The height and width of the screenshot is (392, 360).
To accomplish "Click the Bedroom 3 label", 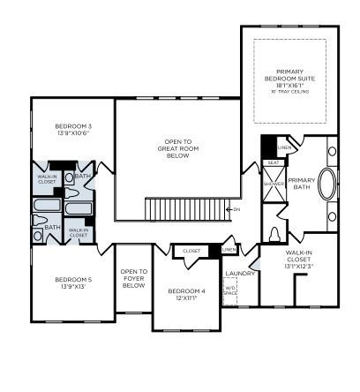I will tap(73, 126).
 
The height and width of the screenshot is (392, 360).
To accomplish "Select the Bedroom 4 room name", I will tap(186, 291).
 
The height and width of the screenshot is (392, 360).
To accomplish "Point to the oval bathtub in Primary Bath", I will tap(326, 187).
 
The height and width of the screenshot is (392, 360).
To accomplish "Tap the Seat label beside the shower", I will tap(274, 162).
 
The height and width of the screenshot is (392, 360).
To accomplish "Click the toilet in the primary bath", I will tap(275, 234).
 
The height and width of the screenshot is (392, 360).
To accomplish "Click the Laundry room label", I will tap(240, 274).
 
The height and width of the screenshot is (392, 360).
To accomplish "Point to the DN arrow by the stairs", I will tap(235, 209).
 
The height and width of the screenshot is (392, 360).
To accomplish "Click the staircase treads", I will tap(184, 210).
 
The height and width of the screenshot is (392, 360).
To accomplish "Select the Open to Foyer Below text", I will tap(133, 279).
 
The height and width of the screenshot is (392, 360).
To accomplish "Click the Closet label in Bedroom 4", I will tap(191, 251).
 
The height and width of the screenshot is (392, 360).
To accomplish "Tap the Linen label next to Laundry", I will tap(229, 251).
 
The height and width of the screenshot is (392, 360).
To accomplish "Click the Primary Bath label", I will tap(301, 163).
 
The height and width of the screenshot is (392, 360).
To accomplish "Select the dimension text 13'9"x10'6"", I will tap(73, 133).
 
